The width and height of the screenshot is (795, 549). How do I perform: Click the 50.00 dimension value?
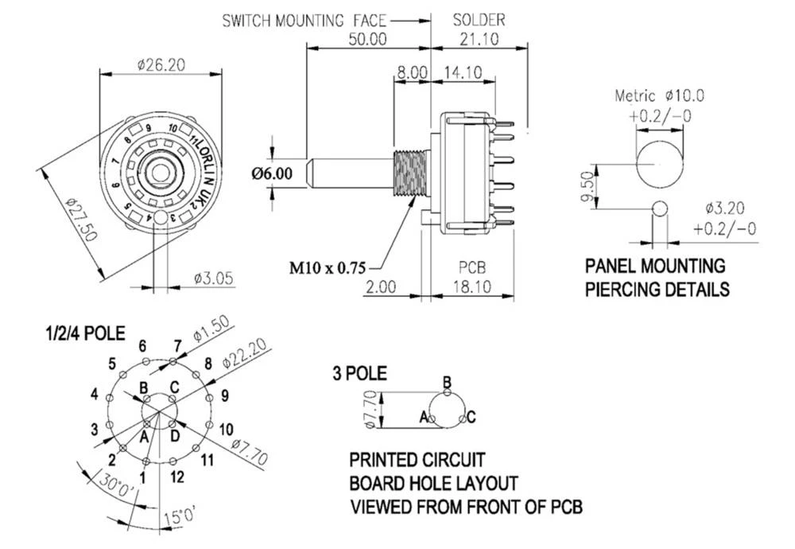point(366,38)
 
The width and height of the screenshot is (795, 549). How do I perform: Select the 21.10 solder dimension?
point(478,38)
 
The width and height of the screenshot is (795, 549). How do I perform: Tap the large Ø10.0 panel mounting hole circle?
point(659,162)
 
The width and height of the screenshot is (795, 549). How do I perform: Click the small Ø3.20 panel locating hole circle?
point(659,208)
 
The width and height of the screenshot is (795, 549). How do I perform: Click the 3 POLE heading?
point(360,372)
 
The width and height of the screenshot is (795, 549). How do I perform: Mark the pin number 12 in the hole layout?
point(176,477)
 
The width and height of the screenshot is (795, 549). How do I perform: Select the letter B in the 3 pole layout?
point(447,383)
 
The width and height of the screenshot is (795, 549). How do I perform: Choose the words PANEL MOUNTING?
point(655,266)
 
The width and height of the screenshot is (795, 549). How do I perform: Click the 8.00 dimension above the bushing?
point(412,72)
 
